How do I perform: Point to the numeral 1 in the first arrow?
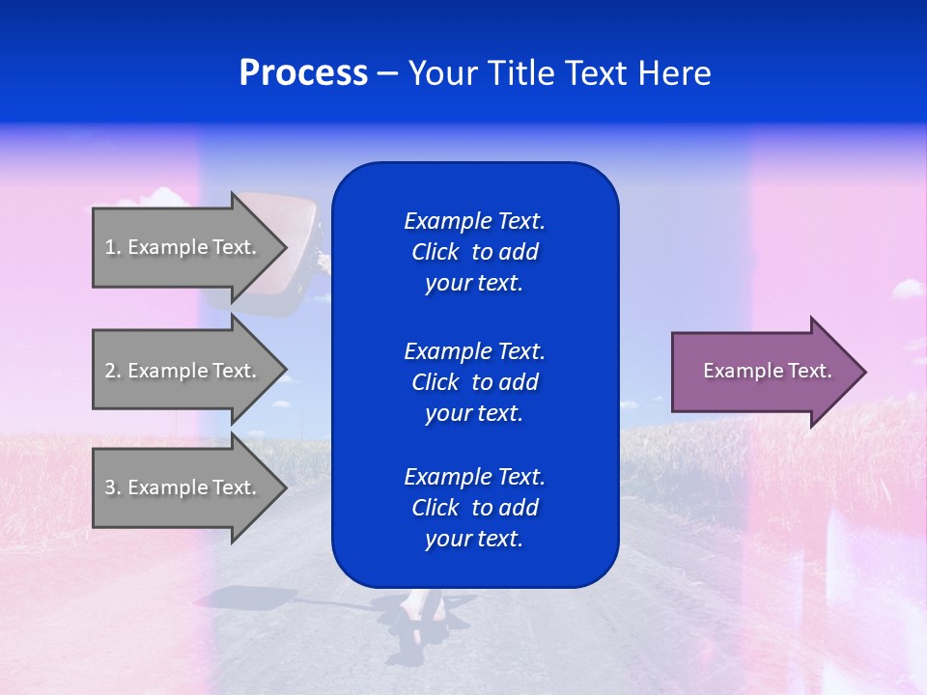click(x=110, y=247)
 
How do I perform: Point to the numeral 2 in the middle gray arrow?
click(x=110, y=371)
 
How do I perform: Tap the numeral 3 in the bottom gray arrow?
click(x=110, y=487)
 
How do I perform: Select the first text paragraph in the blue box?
click(x=474, y=252)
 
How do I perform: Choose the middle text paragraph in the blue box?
click(x=474, y=381)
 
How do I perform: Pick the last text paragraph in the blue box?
click(x=474, y=508)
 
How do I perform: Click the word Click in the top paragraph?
click(x=435, y=252)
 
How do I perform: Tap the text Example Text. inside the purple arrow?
click(x=768, y=371)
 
